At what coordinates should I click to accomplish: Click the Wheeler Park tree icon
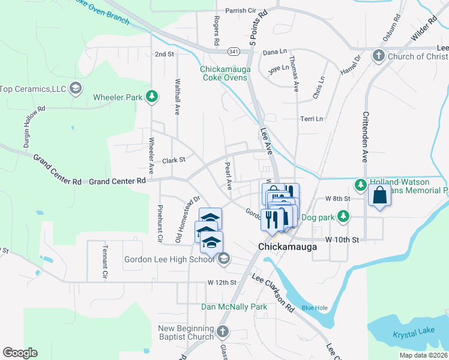coord(152,96)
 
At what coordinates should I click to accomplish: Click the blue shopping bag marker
coord(379,196)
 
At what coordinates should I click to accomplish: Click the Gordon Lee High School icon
coord(223,259)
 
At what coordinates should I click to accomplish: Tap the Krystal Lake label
coord(415,334)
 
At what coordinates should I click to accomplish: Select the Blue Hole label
coord(315,308)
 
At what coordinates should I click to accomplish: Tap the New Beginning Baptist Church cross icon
coord(222,332)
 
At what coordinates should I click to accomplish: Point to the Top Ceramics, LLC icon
coord(76,89)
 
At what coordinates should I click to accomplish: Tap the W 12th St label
coord(223,282)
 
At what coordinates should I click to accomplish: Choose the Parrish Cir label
coord(240,11)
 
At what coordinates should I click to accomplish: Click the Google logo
coord(20,352)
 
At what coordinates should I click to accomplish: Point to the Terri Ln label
coord(312,119)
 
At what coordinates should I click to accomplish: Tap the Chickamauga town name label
coord(283,247)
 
